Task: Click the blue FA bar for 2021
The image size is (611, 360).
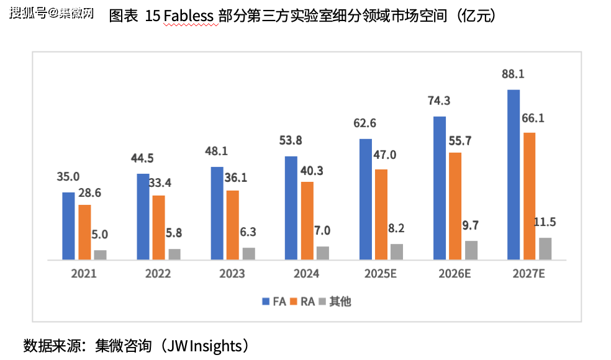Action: click(68, 225)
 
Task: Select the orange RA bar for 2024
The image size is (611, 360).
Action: click(307, 220)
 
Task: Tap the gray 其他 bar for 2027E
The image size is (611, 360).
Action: click(545, 248)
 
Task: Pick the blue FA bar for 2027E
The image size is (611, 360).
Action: click(514, 174)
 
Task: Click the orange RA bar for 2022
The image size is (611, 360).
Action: click(158, 227)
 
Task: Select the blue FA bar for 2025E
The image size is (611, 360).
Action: click(366, 199)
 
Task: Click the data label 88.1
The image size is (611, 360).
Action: click(514, 74)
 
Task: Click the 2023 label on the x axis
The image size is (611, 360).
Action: click(232, 274)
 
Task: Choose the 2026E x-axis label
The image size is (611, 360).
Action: click(455, 274)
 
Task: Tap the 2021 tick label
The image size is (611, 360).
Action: click(84, 274)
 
